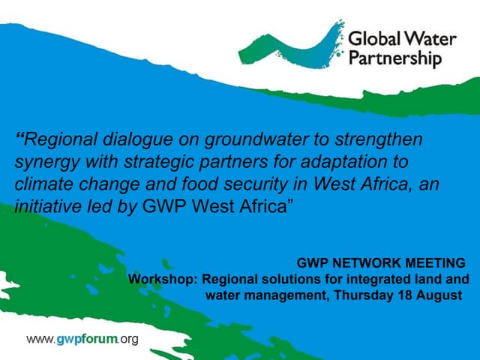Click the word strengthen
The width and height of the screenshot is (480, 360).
(x=382, y=139)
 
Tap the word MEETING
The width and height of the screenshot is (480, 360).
(x=435, y=264)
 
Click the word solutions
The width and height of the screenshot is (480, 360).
(x=274, y=280)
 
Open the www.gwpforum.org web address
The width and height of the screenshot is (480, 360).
(x=82, y=340)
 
